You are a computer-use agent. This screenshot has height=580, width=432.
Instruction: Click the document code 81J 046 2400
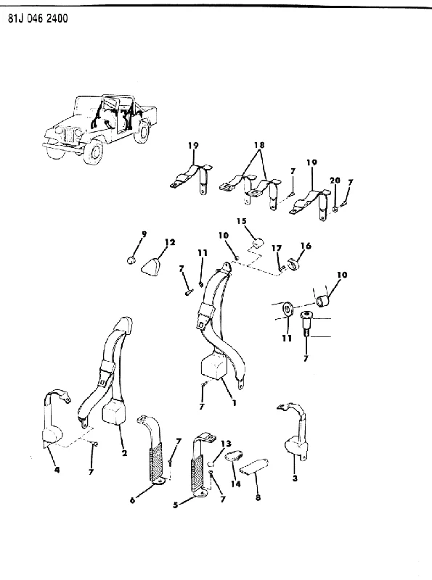(38, 19)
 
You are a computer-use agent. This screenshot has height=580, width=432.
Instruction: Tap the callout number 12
(170, 242)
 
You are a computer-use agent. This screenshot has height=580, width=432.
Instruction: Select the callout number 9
(144, 233)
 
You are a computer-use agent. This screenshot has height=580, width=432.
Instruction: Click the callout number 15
(241, 221)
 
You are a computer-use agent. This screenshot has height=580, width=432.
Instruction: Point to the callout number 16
(306, 246)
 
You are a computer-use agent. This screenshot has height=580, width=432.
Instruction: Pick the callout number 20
(335, 181)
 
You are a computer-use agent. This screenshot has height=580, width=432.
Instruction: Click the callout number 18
(260, 144)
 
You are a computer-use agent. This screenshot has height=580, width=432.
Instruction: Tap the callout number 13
(226, 444)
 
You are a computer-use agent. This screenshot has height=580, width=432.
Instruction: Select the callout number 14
(236, 484)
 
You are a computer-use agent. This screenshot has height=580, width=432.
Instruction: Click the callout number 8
(258, 497)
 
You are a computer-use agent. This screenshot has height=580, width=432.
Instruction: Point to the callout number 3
(295, 478)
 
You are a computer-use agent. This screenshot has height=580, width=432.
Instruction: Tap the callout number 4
(57, 470)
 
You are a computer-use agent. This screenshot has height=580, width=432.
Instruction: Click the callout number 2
(124, 452)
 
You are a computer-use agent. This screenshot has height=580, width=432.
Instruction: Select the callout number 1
(234, 403)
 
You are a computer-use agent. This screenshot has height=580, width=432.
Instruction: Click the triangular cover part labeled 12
(153, 265)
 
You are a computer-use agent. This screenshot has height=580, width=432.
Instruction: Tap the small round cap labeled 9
(131, 260)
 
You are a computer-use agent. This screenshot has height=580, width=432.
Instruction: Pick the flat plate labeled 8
(255, 467)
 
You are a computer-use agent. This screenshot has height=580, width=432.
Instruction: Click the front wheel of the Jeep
(94, 152)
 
